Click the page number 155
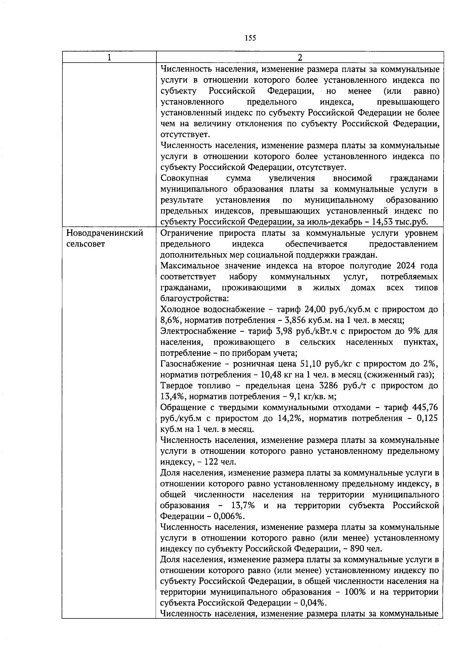point(250,38)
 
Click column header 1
point(109,58)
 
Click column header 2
point(299,58)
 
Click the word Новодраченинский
point(105,233)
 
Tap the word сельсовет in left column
point(86,245)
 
